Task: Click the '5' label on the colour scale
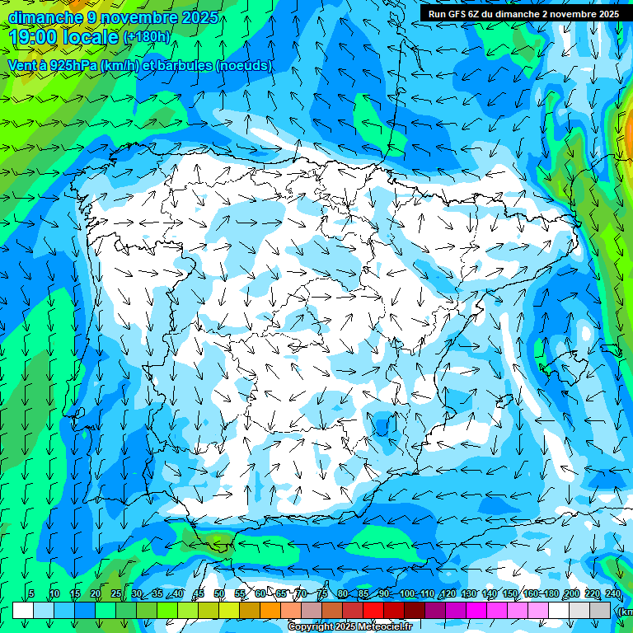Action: click(x=31, y=594)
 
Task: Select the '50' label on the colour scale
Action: click(x=219, y=594)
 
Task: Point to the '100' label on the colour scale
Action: click(x=406, y=594)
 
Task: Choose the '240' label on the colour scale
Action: click(x=612, y=594)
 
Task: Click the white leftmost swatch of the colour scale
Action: click(x=23, y=610)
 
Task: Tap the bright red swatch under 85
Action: click(x=373, y=610)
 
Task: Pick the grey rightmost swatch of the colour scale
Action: click(x=602, y=610)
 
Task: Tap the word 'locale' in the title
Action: click(x=93, y=37)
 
